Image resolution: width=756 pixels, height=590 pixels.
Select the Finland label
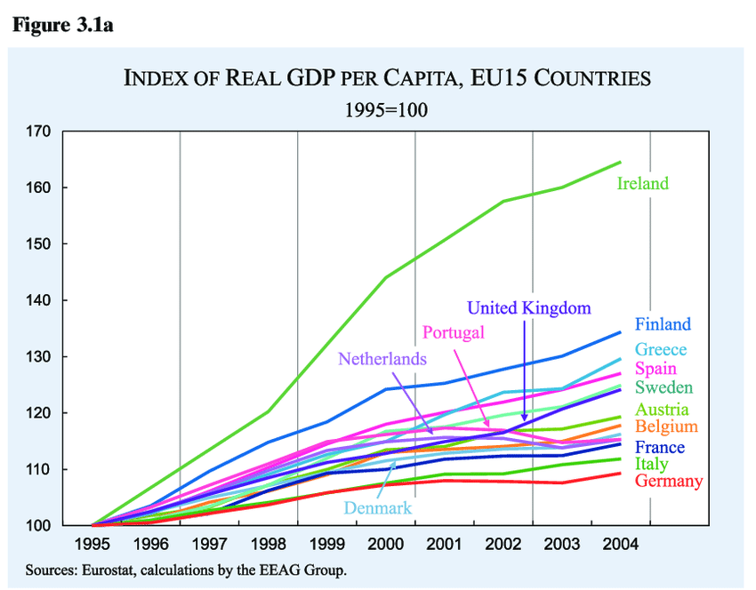663,324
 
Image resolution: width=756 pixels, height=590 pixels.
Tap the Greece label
661,350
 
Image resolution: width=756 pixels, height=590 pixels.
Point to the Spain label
655,369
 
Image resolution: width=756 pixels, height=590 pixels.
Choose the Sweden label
664,387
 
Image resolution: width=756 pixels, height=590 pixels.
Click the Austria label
662,410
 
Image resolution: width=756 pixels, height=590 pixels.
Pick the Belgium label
666,427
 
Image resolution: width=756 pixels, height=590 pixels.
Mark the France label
659,447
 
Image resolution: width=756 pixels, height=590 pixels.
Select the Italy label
651,464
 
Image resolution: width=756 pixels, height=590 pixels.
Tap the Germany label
669,482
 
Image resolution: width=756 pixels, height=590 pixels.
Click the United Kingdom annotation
529,308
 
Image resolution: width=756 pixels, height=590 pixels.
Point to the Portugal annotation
454,332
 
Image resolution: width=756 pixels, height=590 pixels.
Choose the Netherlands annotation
382,360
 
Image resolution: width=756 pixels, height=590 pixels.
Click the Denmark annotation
378,507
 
